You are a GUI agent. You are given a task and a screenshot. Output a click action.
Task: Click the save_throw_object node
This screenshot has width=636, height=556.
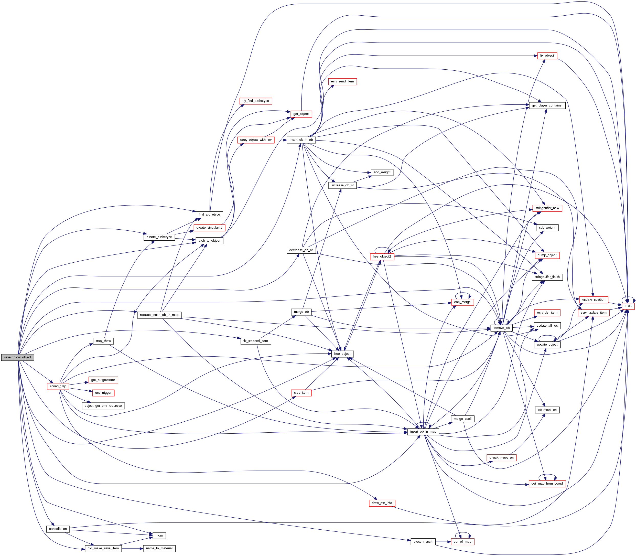(x=17, y=357)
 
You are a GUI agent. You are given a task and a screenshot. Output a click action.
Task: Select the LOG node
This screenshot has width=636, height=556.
(x=628, y=306)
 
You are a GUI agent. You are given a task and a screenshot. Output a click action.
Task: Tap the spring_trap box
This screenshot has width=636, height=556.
(x=58, y=386)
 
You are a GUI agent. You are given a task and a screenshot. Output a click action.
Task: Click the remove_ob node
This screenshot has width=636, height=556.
(x=501, y=328)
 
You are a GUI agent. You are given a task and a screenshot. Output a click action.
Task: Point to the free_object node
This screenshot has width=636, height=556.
(x=342, y=354)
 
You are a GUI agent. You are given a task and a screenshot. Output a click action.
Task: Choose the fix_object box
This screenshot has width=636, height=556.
(x=547, y=56)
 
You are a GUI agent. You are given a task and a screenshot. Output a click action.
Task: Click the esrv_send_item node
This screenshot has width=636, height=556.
(x=342, y=81)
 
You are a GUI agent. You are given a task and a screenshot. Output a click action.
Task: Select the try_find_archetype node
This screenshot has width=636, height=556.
(x=255, y=101)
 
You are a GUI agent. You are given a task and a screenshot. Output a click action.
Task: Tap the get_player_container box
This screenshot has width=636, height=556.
(x=547, y=105)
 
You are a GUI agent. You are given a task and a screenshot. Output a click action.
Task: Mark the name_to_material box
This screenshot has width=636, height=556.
(x=159, y=548)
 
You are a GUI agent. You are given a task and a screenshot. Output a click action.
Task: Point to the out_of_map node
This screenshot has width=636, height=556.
(x=462, y=542)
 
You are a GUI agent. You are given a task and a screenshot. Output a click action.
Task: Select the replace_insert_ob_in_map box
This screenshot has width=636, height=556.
(x=159, y=315)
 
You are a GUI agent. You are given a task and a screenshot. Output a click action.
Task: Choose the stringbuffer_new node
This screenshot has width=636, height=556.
(x=547, y=208)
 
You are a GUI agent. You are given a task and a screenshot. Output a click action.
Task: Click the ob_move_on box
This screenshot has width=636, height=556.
(x=547, y=410)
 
